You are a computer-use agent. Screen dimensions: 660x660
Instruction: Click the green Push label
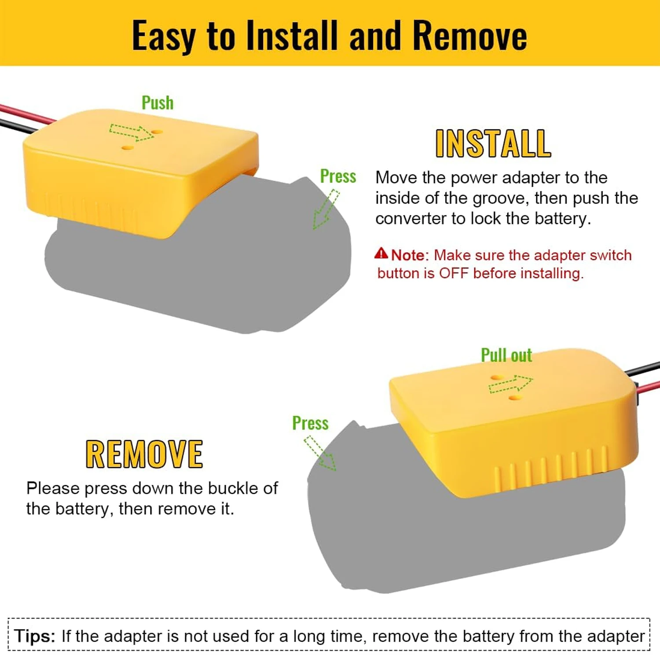158,103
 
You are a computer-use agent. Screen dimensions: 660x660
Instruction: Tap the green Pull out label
506,355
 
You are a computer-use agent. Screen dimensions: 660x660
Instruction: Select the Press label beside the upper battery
338,176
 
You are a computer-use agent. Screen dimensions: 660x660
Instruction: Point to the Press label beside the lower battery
310,423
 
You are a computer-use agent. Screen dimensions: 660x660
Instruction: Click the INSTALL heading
493,143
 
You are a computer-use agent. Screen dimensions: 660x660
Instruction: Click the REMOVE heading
144,454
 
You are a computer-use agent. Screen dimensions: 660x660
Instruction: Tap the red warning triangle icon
381,253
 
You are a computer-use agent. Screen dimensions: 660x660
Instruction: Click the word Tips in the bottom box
34,636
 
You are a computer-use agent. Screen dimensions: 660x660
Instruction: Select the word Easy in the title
164,36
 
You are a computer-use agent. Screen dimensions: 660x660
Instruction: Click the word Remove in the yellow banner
470,35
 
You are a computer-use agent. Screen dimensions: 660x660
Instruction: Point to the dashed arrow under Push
132,132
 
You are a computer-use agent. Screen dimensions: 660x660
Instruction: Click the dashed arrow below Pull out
510,384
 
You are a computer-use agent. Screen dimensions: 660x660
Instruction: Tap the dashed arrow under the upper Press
326,209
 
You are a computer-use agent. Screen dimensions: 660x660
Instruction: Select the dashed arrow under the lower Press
320,453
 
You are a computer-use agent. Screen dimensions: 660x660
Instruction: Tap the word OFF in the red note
454,273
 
